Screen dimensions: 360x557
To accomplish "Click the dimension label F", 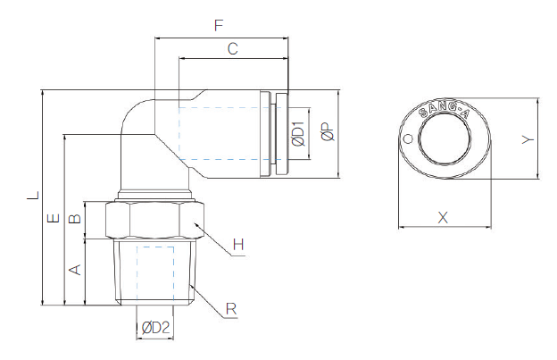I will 219,27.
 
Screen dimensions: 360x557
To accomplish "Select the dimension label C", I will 232,50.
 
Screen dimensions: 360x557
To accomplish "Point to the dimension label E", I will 54,218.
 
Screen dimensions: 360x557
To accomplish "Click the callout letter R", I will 231,309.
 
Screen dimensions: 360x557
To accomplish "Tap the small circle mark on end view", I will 408,139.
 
